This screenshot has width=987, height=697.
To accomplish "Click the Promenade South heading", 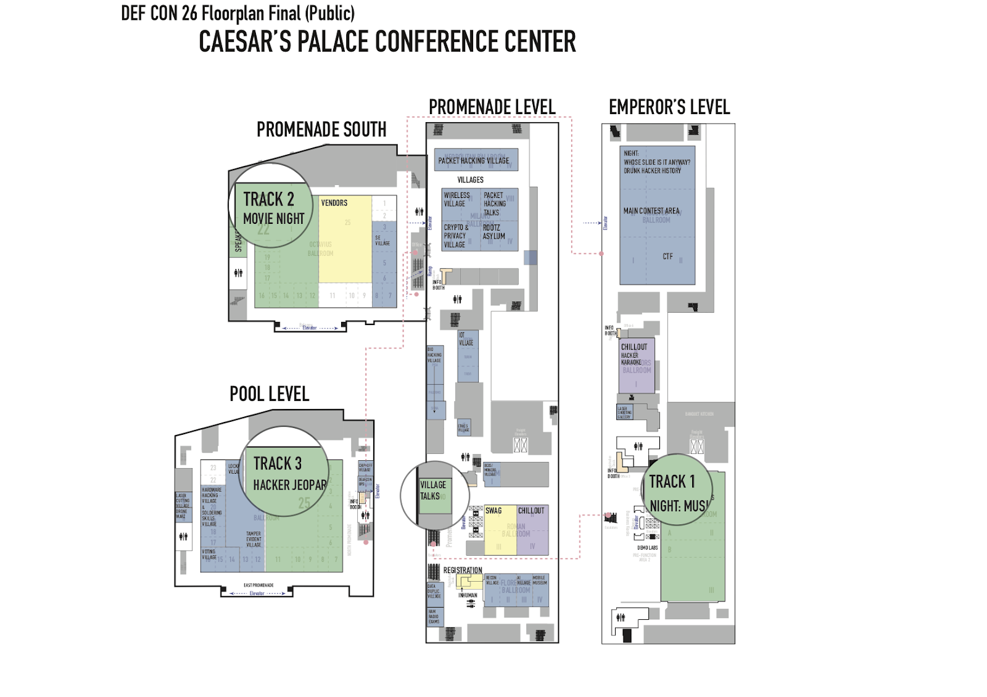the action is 321,130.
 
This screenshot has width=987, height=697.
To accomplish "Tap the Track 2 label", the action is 268,199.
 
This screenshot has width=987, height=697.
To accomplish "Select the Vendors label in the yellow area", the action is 334,203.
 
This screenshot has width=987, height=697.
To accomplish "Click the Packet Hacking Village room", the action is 474,160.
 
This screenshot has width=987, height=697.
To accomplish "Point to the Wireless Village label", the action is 456,199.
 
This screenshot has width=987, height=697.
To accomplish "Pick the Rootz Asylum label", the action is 493,232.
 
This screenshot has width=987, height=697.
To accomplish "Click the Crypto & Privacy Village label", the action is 456,236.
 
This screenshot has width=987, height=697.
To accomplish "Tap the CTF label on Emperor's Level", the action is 667,257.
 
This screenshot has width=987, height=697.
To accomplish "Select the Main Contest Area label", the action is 651,211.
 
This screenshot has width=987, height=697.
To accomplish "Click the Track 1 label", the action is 672,482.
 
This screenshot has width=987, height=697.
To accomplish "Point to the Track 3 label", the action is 278,463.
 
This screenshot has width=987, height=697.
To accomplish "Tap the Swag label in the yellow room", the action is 493,511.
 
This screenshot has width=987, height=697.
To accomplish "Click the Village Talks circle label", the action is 433,490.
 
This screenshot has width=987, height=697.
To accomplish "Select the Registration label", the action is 463,571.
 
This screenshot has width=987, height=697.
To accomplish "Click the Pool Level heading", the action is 269,394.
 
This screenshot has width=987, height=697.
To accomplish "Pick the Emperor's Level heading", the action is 669,107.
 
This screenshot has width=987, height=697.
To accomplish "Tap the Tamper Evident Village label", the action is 254,539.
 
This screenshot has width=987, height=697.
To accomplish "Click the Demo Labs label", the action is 648,548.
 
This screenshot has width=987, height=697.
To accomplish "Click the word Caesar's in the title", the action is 244,42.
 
